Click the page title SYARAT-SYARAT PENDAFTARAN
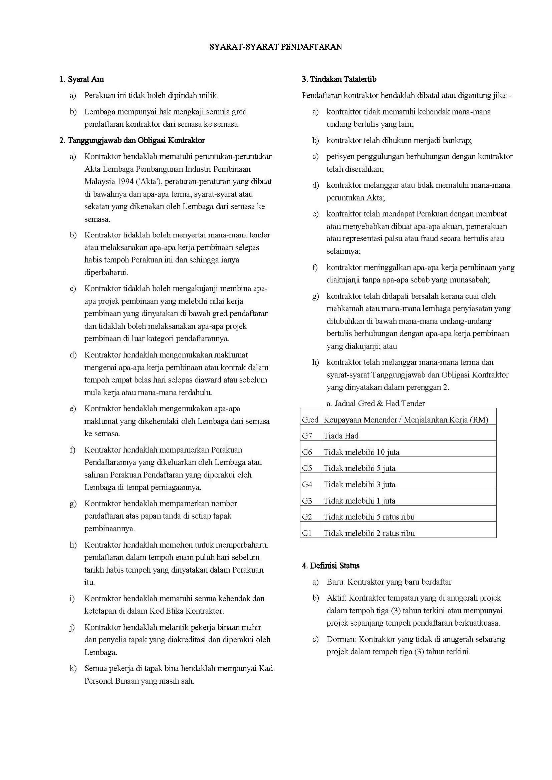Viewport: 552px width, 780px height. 275,47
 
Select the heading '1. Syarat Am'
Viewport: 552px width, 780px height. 81,79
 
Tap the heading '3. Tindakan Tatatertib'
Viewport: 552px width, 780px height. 339,79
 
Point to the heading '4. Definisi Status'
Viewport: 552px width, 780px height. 330,566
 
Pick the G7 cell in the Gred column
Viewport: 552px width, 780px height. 307,436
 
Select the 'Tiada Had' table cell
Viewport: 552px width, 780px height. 341,436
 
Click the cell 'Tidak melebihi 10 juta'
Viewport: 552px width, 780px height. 361,452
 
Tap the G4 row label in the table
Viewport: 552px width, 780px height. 307,485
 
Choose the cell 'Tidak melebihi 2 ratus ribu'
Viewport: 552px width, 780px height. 369,533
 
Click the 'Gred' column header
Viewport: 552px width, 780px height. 310,420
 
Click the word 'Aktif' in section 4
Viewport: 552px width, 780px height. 336,598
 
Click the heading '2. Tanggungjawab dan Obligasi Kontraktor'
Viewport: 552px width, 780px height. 132,140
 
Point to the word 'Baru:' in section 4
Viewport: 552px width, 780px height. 336,582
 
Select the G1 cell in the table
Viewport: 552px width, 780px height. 307,533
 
